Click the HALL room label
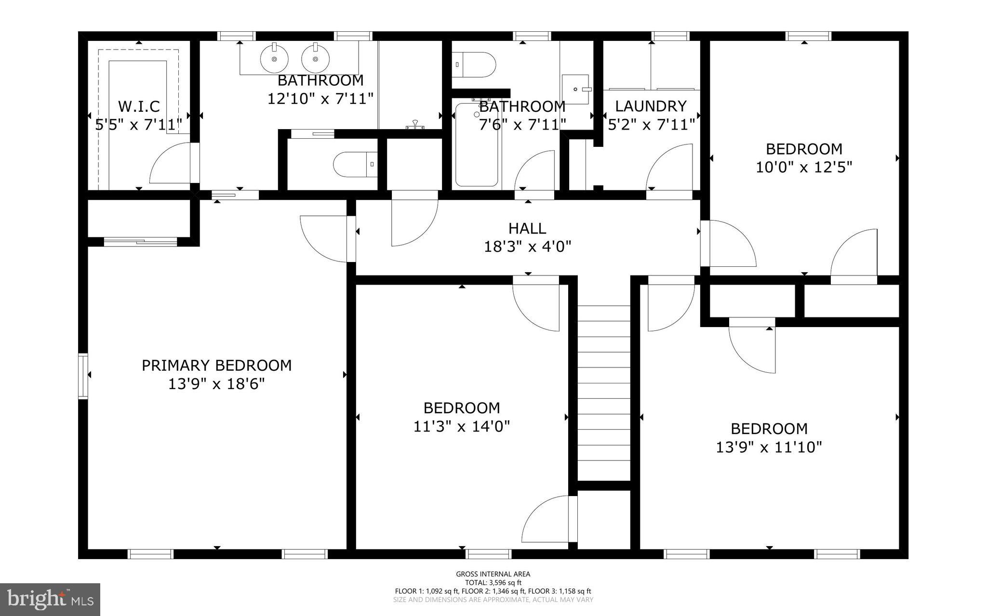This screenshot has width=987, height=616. [x=527, y=228]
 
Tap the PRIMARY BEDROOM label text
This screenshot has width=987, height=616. [x=216, y=366]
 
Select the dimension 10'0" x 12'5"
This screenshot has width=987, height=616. [x=804, y=168]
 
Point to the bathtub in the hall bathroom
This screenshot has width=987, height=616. [x=476, y=144]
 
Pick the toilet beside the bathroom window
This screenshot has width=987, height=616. [x=475, y=65]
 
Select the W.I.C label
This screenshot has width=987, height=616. [x=139, y=106]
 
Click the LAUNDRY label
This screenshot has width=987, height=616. [x=651, y=106]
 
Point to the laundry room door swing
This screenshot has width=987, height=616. [x=670, y=166]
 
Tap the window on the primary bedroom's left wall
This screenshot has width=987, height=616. [x=83, y=376]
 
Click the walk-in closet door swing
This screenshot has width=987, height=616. [x=171, y=164]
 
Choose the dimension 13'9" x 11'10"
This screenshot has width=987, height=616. [x=769, y=447]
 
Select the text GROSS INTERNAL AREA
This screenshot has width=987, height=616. [x=493, y=574]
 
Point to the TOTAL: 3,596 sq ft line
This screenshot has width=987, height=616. [x=493, y=582]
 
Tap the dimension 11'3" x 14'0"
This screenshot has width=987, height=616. [x=461, y=426]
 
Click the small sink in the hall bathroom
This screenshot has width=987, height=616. [x=576, y=89]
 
